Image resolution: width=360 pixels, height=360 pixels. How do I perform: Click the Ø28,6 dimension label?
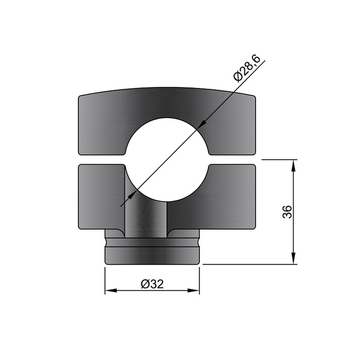coord(247,68)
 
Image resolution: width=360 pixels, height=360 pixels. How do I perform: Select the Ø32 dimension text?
coord(152,284)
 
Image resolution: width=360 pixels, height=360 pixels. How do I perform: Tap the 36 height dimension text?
coord(287,212)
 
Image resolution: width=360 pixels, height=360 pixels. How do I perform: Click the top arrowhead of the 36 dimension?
coord(293,166)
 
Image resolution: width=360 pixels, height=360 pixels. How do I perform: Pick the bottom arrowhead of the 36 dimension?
coord(293,258)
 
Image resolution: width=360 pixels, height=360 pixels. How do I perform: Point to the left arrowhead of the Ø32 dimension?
coord(111,290)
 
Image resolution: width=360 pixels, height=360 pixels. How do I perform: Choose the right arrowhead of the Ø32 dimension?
coord(193,290)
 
